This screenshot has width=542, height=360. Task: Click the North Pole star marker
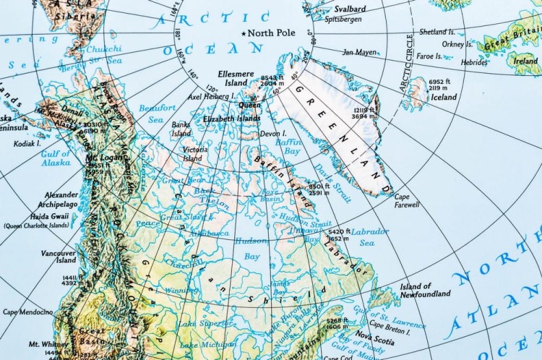245,33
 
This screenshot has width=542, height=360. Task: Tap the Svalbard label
350,9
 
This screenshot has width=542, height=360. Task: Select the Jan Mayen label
359,52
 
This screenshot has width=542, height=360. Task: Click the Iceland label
444,97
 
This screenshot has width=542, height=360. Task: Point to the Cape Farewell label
407,200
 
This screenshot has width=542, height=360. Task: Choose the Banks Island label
181,129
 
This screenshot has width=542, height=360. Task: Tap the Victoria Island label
192,153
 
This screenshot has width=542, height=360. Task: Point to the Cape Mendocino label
27,312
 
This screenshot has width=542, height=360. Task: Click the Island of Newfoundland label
425,290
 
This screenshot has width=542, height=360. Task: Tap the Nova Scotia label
374,335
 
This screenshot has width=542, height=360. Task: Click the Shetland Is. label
442,32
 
